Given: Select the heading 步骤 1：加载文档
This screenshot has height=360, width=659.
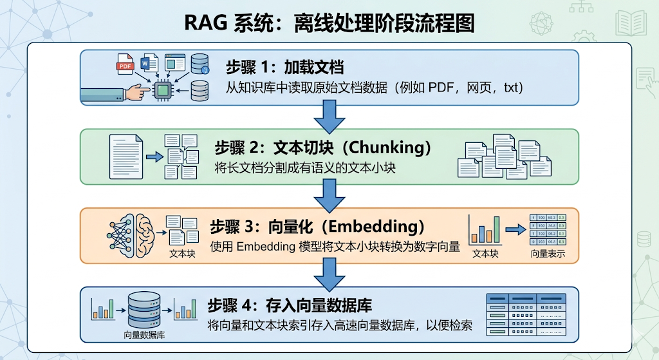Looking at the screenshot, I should [284, 67].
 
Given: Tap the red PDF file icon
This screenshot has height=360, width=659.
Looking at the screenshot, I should [124, 64].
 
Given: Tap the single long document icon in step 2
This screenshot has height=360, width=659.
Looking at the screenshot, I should [125, 156].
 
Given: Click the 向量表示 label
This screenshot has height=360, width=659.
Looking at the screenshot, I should [548, 254].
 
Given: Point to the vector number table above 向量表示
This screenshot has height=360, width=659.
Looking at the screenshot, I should [547, 229].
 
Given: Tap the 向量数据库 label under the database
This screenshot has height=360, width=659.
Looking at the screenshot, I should [144, 335].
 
